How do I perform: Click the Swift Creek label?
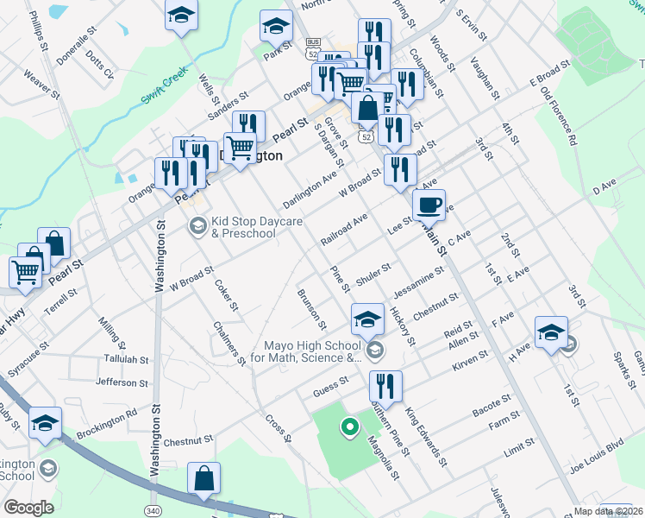(165, 87)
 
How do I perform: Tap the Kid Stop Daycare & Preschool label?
(257, 228)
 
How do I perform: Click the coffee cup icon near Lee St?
(429, 205)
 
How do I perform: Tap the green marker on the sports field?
(349, 426)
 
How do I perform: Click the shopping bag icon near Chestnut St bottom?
(204, 478)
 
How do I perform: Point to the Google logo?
(28, 508)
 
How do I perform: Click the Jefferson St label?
(123, 382)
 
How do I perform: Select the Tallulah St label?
(126, 359)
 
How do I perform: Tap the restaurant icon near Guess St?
(385, 388)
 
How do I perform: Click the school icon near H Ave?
(551, 332)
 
